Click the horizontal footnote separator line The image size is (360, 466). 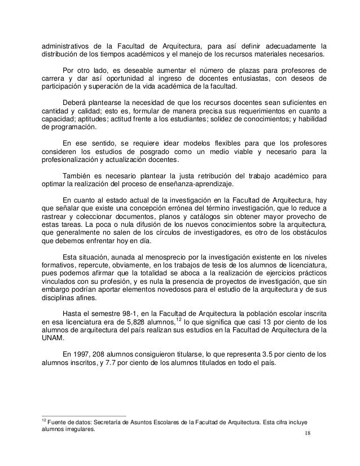click(85, 416)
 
